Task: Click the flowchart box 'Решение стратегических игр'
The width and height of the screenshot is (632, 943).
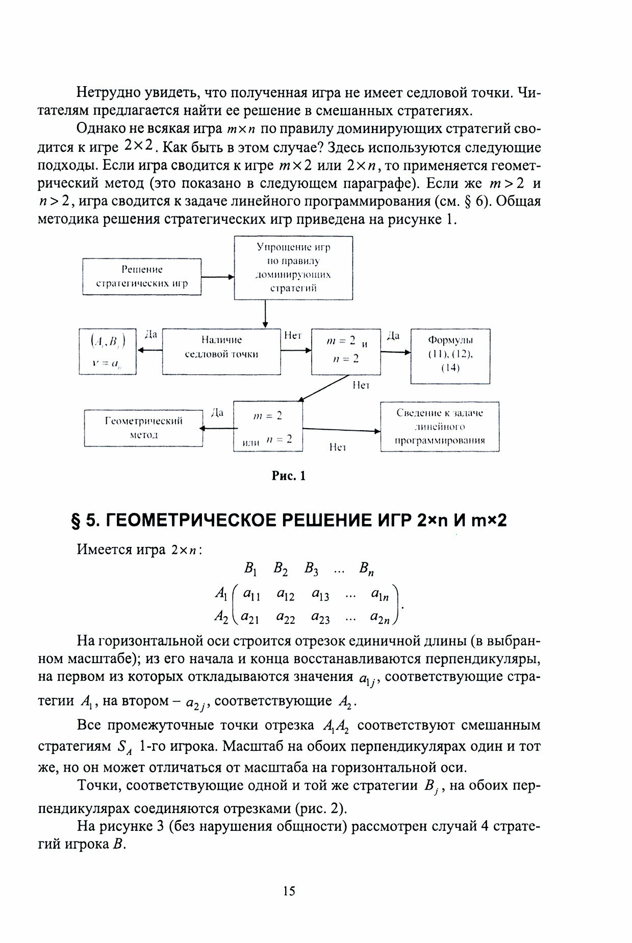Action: pyautogui.click(x=142, y=276)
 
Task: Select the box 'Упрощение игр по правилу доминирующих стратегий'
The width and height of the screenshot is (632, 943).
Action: pyautogui.click(x=293, y=267)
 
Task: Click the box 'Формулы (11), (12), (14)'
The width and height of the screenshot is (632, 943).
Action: pyautogui.click(x=450, y=354)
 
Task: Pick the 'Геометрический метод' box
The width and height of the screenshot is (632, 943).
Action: pyautogui.click(x=143, y=428)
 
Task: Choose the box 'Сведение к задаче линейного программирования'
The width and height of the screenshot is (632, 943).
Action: pyautogui.click(x=440, y=427)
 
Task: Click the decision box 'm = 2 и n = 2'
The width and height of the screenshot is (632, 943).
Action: pyautogui.click(x=346, y=351)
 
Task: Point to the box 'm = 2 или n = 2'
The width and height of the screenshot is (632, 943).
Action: pyautogui.click(x=268, y=427)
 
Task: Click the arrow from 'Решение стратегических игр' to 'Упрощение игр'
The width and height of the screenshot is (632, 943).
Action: pyautogui.click(x=218, y=277)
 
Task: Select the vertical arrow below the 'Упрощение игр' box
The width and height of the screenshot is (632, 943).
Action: pyautogui.click(x=265, y=313)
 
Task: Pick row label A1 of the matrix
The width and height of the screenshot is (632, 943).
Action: pyautogui.click(x=220, y=593)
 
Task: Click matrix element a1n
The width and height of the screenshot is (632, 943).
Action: pyautogui.click(x=381, y=594)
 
